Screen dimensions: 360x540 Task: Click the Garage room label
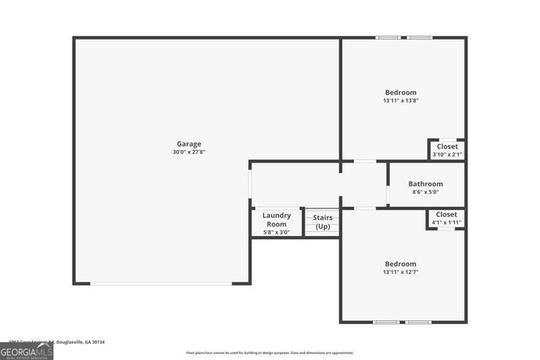(x=188, y=144)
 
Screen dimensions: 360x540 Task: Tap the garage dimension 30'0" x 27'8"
(x=188, y=153)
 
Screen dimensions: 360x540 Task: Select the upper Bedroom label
(x=401, y=92)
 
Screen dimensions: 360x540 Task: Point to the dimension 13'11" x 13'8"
(x=401, y=100)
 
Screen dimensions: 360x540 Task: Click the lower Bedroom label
(x=401, y=263)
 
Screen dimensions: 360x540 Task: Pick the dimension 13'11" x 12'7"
(x=401, y=271)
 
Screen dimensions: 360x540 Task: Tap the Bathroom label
(x=425, y=184)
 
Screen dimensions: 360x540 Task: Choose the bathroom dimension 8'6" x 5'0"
(x=425, y=192)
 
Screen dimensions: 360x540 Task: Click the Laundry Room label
(x=277, y=219)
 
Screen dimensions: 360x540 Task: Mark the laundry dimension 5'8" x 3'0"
(x=277, y=232)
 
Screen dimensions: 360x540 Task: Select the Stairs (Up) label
(x=322, y=223)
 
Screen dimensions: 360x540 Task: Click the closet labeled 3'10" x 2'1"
(x=446, y=150)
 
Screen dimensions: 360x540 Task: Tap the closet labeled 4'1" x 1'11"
(x=446, y=218)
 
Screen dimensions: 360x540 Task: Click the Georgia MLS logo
(x=26, y=352)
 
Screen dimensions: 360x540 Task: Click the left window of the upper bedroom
(x=389, y=37)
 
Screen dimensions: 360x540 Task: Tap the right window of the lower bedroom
(x=418, y=322)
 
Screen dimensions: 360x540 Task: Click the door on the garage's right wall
(x=250, y=184)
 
